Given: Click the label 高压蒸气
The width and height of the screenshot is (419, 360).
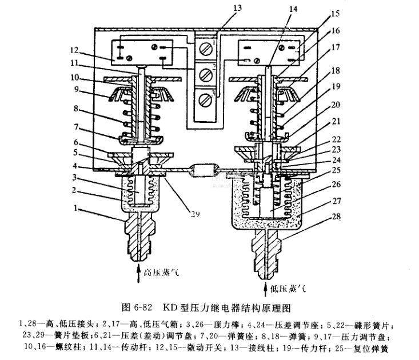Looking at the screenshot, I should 162,274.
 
